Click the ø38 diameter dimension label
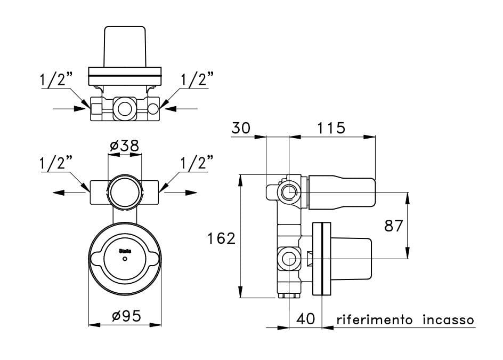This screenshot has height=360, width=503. click(x=125, y=146)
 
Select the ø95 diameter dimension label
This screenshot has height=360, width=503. click(x=126, y=316)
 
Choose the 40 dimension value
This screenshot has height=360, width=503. click(x=306, y=319)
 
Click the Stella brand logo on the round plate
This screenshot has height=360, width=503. click(x=124, y=250)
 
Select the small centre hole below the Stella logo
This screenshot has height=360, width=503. click(x=125, y=259)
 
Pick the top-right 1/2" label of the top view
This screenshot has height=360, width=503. click(x=197, y=80)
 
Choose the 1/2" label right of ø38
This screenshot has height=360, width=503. click(x=196, y=162)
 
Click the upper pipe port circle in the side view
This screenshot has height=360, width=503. click(x=289, y=191)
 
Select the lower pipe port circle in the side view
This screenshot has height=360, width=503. click(x=289, y=260)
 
